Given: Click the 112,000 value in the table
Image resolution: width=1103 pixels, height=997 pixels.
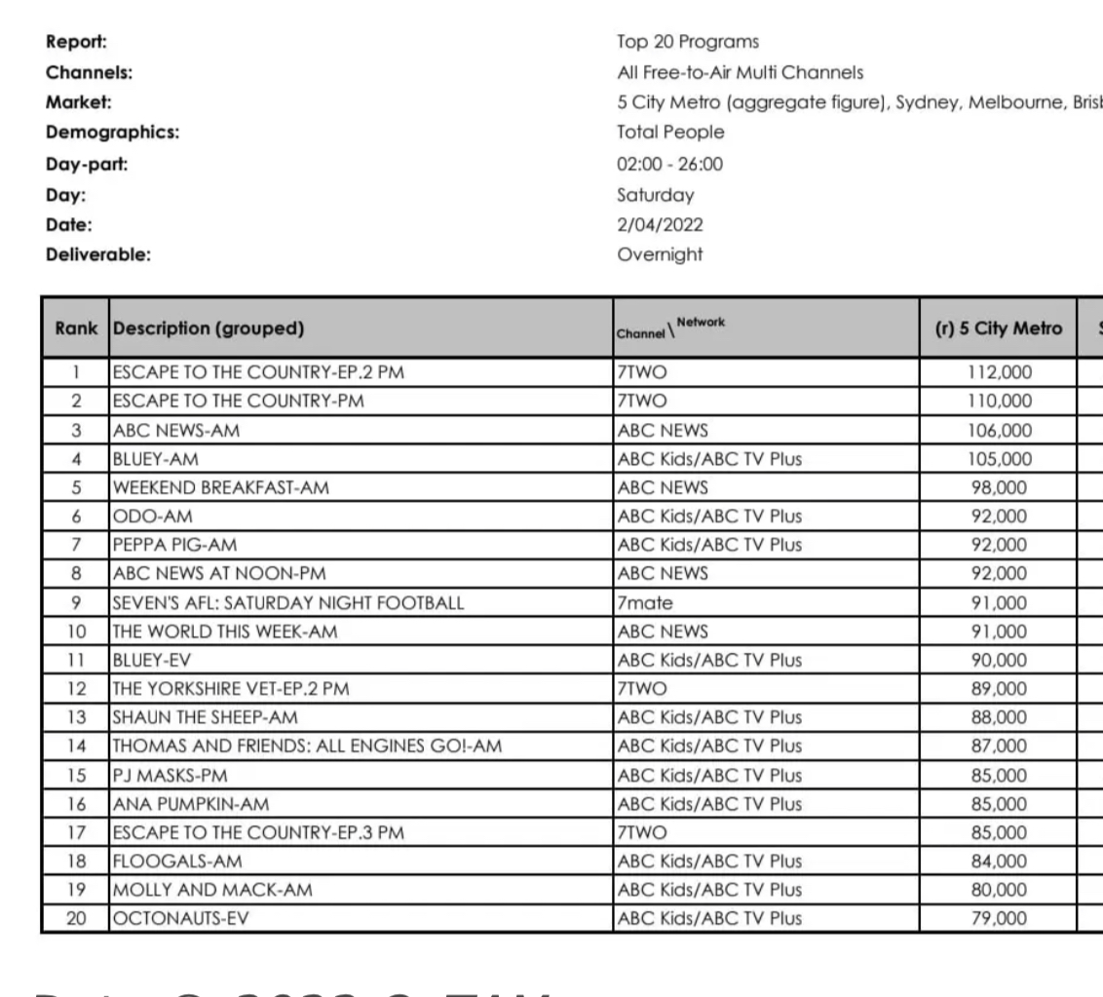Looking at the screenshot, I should pyautogui.click(x=999, y=372).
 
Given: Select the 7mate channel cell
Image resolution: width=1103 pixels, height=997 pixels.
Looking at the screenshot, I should pyautogui.click(x=645, y=603).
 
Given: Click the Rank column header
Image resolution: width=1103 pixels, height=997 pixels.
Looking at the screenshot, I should pyautogui.click(x=76, y=329).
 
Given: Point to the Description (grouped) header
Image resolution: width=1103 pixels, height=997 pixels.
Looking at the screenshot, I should pyautogui.click(x=209, y=329).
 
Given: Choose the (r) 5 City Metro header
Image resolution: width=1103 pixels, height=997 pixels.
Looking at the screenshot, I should pyautogui.click(x=999, y=329).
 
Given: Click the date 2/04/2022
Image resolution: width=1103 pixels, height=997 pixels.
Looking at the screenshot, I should pyautogui.click(x=660, y=225).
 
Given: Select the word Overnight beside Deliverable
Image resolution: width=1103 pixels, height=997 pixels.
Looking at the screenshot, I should pyautogui.click(x=660, y=255).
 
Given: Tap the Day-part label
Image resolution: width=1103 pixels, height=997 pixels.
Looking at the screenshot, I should pyautogui.click(x=87, y=165).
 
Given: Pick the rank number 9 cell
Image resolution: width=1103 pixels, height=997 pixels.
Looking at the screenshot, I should pyautogui.click(x=75, y=603).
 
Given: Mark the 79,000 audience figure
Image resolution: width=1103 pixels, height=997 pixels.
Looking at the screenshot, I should pyautogui.click(x=999, y=918).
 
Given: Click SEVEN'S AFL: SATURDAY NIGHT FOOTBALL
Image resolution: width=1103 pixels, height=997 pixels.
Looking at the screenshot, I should pyautogui.click(x=288, y=603).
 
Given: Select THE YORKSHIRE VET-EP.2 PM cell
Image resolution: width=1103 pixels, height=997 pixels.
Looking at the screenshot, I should pyautogui.click(x=231, y=689).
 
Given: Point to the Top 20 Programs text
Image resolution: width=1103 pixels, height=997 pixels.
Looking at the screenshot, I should pyautogui.click(x=688, y=43).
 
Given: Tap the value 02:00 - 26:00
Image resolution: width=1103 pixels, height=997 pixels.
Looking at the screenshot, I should pyautogui.click(x=670, y=165).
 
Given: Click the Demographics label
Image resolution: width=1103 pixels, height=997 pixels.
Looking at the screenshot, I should pyautogui.click(x=112, y=134).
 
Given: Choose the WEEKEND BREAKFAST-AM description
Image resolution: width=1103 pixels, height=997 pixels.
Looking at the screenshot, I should pyautogui.click(x=220, y=488).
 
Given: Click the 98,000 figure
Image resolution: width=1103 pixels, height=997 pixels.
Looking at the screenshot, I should pyautogui.click(x=999, y=488).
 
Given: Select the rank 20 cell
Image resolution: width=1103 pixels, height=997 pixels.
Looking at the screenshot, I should pyautogui.click(x=75, y=918).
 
